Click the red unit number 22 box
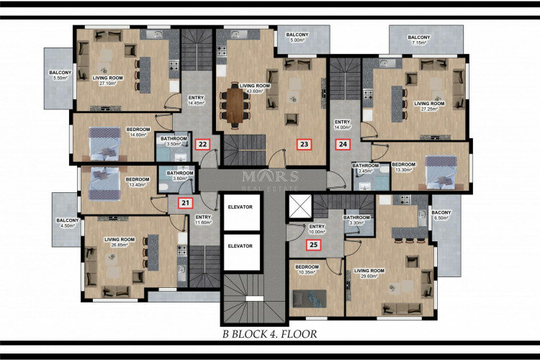pyautogui.click(x=203, y=144)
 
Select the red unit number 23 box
pyautogui.click(x=305, y=144)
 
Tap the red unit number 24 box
pyautogui.click(x=343, y=144)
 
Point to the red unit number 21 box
pyautogui.click(x=186, y=203)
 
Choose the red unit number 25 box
pyautogui.click(x=313, y=245)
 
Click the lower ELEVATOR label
pyautogui.click(x=240, y=246)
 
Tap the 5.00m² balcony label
pyautogui.click(x=297, y=37)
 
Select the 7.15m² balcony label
pyautogui.click(x=419, y=40)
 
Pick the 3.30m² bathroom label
pyautogui.click(x=356, y=220)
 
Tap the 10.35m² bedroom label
pyautogui.click(x=309, y=269)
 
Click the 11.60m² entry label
pyautogui.click(x=203, y=220)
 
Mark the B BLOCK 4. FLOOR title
pyautogui.click(x=269, y=334)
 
